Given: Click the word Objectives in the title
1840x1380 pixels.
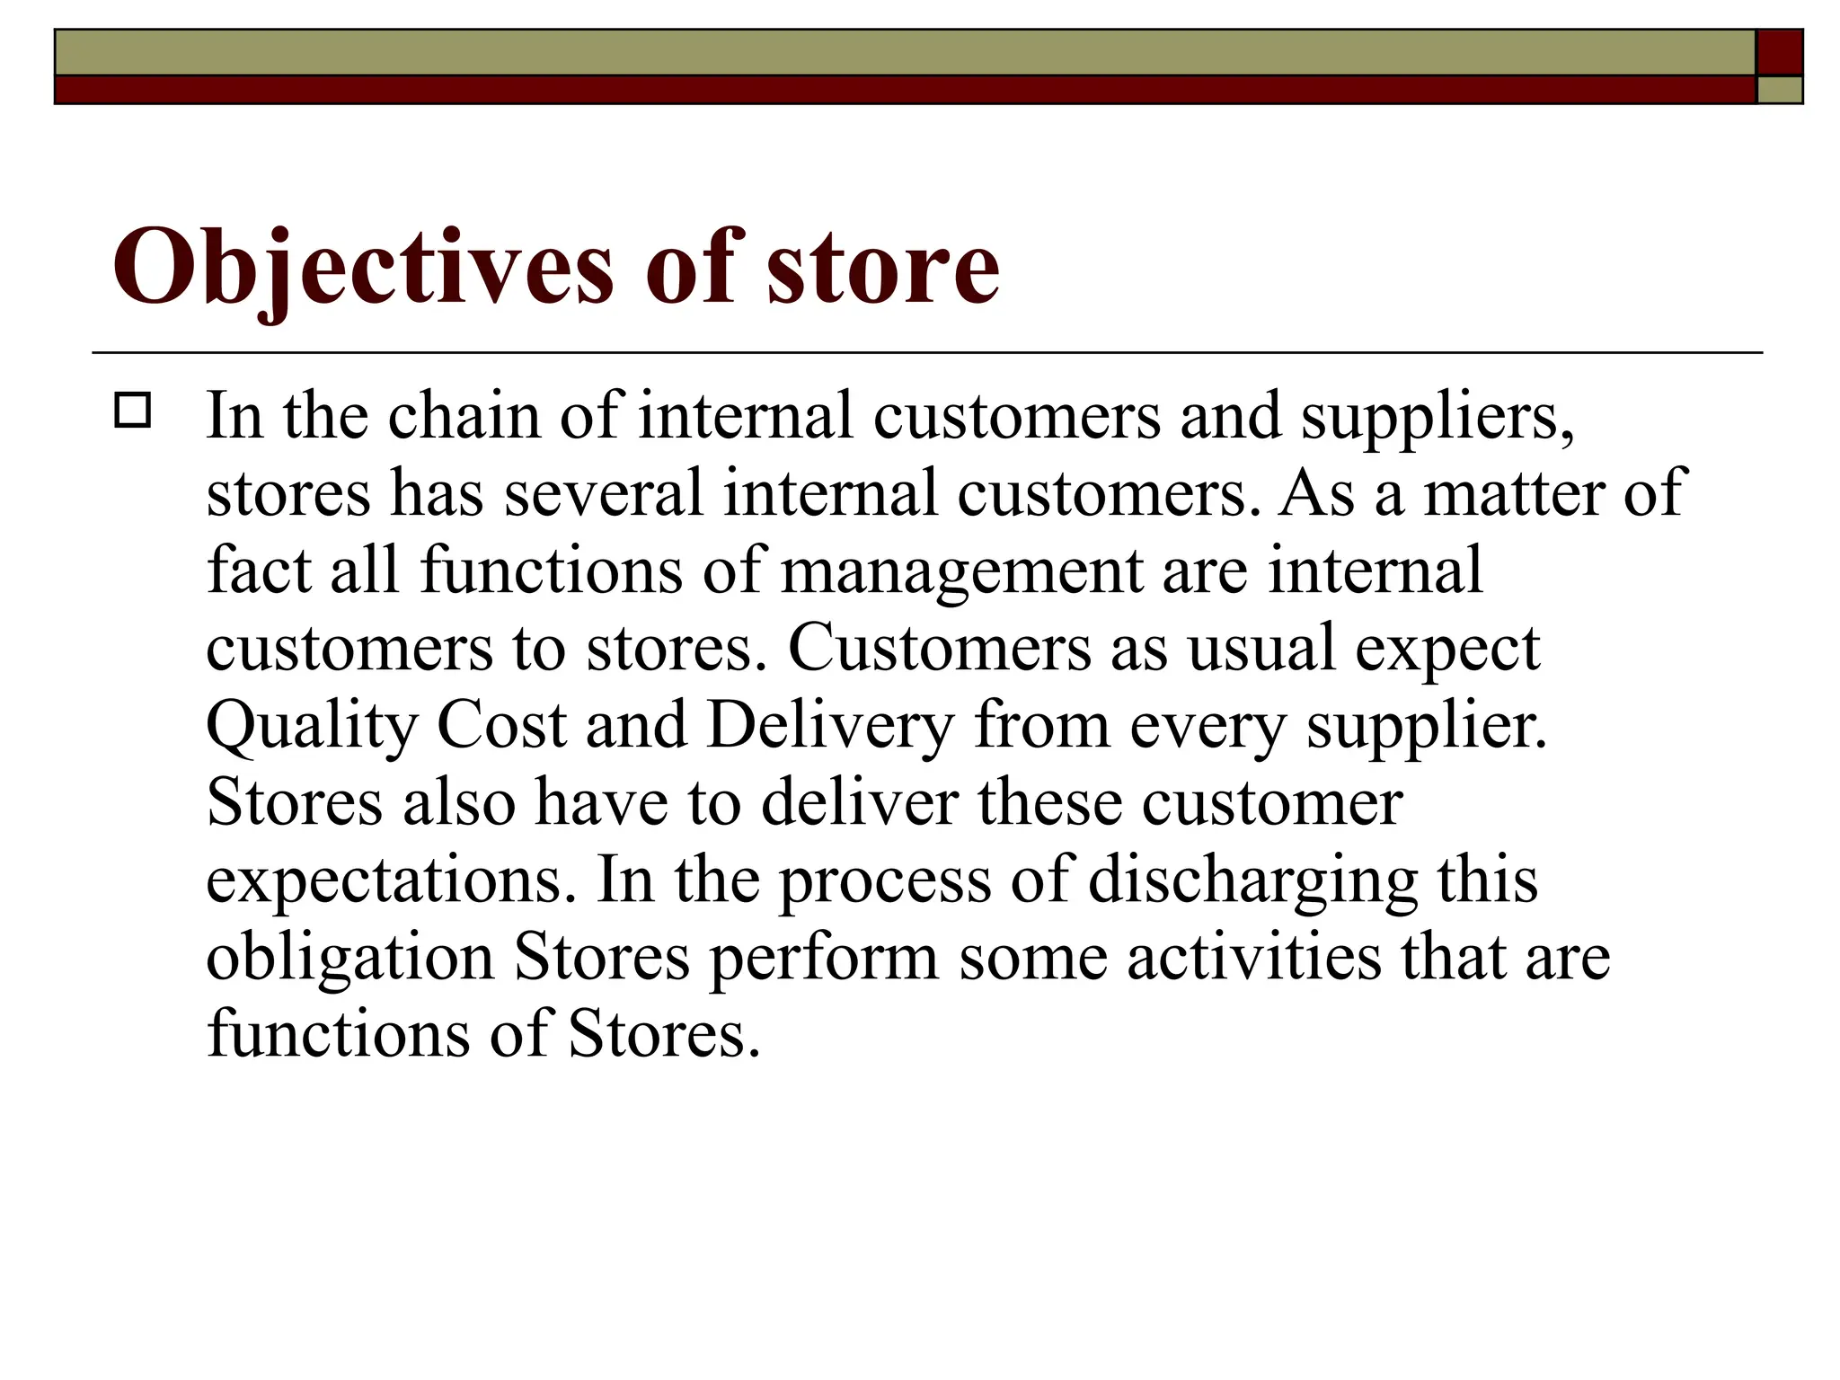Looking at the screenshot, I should (x=362, y=267).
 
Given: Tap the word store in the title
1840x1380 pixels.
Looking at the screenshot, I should (x=882, y=267).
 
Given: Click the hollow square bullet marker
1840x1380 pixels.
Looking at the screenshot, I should (x=133, y=411).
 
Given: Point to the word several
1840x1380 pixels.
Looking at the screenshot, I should (x=603, y=493).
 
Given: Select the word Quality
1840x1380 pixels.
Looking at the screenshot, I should (x=312, y=726).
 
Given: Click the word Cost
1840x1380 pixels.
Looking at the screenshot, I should (x=501, y=725).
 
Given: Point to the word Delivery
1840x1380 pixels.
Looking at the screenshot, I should (x=829, y=726).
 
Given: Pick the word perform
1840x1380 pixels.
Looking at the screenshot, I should (x=824, y=958).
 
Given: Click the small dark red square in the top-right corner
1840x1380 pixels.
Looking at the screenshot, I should (x=1780, y=52).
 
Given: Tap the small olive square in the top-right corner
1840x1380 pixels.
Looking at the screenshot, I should (x=1780, y=90).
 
